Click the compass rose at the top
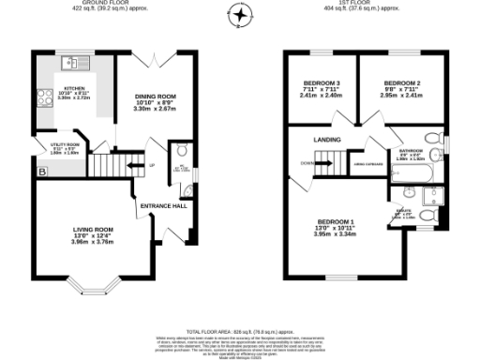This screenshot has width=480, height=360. pos(241,16)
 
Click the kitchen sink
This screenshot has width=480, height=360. pos(69,63)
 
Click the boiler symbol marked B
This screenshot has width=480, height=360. pos(41,171)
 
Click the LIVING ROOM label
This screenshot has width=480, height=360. pos(93,229)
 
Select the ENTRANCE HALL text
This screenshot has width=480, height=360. pos(164,205)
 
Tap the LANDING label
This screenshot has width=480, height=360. pos(327,140)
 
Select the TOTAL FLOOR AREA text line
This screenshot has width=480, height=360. pos(240,332)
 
